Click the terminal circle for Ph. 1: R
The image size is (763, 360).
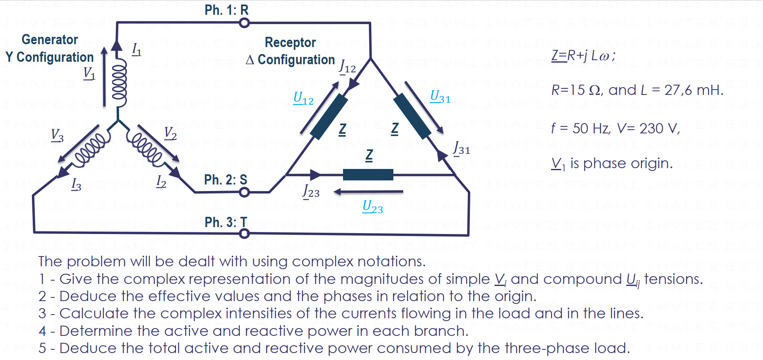click(x=244, y=23)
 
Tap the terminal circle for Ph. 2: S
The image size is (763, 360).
click(x=244, y=192)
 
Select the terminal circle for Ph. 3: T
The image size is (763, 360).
click(x=244, y=234)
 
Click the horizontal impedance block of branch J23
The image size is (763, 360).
click(x=368, y=175)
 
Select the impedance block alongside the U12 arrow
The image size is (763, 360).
click(x=329, y=117)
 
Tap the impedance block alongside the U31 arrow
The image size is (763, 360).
click(x=412, y=116)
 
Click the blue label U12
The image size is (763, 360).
click(x=303, y=98)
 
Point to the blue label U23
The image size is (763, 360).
click(x=372, y=207)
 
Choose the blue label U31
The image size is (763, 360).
click(x=440, y=97)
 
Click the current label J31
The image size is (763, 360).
click(x=461, y=148)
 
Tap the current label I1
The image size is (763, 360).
click(x=136, y=50)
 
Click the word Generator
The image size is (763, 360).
click(x=50, y=40)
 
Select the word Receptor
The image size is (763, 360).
click(x=290, y=43)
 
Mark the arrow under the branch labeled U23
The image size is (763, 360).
click(x=368, y=191)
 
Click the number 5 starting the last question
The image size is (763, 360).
click(x=42, y=349)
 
